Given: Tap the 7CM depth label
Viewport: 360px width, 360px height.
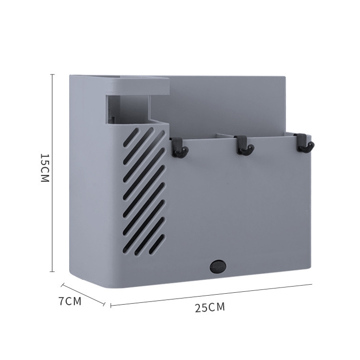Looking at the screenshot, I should coord(70,301).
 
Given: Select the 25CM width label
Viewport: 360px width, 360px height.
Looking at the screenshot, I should coord(210,308).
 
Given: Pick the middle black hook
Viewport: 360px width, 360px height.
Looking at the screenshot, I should coord(243,145).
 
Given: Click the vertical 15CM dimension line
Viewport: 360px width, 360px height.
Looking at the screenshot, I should coord(52,173).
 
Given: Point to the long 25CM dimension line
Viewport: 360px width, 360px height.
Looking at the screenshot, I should coord(211,294).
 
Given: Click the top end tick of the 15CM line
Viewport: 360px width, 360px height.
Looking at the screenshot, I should coord(52,74).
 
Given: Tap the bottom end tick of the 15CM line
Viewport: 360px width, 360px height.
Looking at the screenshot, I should coord(52,272).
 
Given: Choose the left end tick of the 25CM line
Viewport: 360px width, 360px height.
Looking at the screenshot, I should coord(111,305).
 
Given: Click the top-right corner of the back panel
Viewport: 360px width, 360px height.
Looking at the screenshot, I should coord(287,76).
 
